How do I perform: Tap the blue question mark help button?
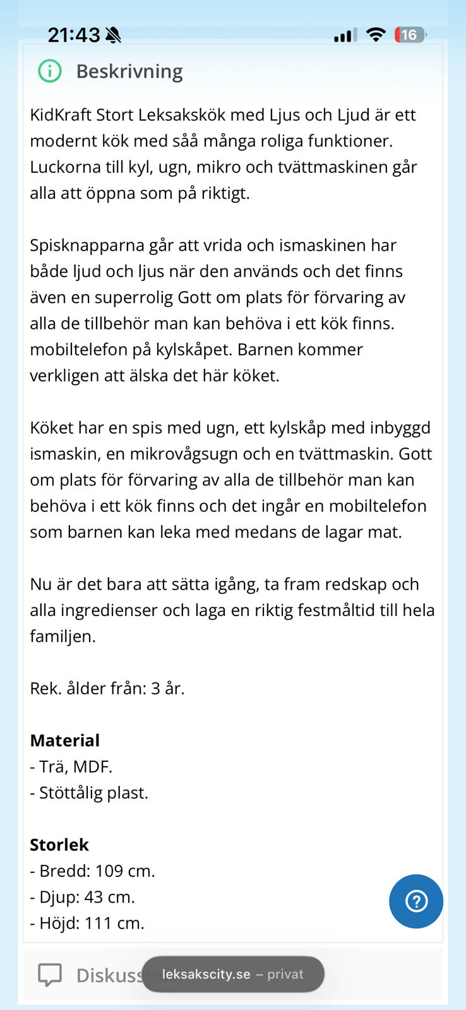415,901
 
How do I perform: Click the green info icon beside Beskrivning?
50,71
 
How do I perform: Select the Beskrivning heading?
129,71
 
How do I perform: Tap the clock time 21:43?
74,35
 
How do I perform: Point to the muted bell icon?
113,35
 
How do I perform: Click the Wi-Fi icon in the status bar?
376,35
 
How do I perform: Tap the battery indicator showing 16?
410,35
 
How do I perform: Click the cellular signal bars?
344,35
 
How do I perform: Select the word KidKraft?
61,116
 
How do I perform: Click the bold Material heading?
65,740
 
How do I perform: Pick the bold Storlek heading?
59,845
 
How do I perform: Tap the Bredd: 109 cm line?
92,871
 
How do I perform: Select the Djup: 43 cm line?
82,897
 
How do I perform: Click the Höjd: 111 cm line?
87,924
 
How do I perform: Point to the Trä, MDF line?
71,767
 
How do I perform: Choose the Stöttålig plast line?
89,793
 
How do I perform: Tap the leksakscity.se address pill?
233,974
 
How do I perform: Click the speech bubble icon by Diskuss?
50,975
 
